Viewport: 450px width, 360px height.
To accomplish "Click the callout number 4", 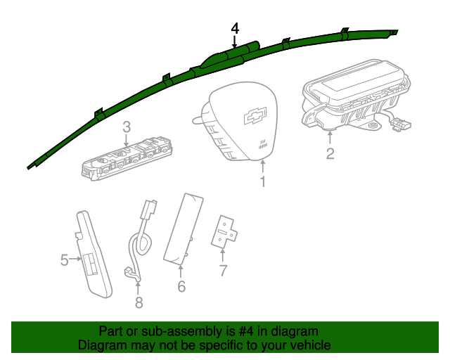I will (x=235, y=28).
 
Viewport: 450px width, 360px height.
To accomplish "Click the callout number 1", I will (x=262, y=183).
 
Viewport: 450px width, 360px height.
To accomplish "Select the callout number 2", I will (x=330, y=153).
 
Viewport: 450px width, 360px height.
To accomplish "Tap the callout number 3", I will (x=127, y=127).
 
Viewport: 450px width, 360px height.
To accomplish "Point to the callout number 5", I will (x=64, y=260).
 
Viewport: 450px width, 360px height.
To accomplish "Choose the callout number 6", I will (x=181, y=286).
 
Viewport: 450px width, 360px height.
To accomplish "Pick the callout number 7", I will (x=223, y=269).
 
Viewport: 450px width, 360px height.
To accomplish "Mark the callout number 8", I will (x=139, y=302).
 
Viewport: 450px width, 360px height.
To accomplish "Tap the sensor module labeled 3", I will (x=127, y=160).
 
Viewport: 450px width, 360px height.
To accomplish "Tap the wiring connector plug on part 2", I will (x=401, y=124).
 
